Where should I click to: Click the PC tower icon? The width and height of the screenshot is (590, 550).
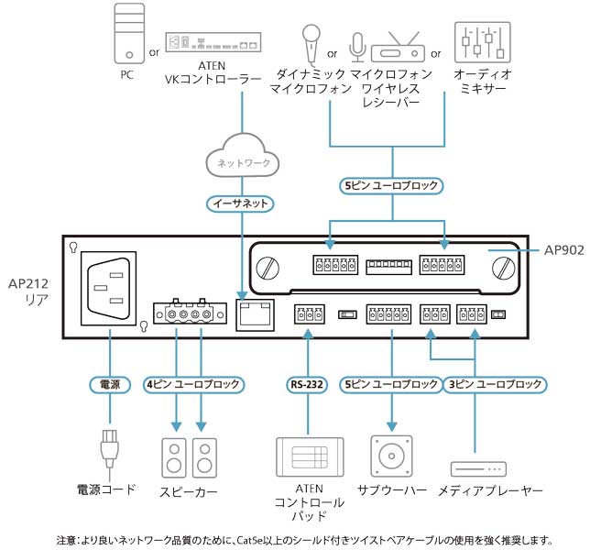[x=126, y=33]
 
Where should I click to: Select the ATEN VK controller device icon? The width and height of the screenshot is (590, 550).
[x=213, y=41]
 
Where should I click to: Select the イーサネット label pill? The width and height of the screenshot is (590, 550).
[x=241, y=203]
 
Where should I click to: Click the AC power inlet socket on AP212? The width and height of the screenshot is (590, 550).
[x=108, y=287]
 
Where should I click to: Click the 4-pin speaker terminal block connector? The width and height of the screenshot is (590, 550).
[x=189, y=314]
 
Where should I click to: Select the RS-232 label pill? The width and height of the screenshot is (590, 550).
[x=308, y=384]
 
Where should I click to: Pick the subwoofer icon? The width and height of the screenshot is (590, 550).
[x=392, y=456]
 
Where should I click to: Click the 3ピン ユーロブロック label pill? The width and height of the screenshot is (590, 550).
[x=496, y=384]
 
